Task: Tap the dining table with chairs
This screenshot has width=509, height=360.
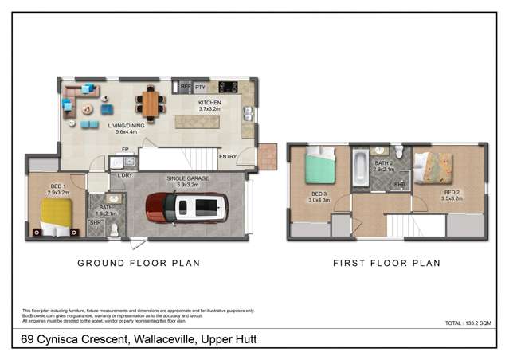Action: pyautogui.click(x=149, y=102)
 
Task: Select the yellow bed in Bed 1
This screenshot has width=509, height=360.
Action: pyautogui.click(x=55, y=215)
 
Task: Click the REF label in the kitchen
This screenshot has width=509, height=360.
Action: pyautogui.click(x=185, y=86)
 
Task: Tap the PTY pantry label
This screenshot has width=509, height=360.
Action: pyautogui.click(x=200, y=86)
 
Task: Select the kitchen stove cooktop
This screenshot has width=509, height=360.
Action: pyautogui.click(x=229, y=86)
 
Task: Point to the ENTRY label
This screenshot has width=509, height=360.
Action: pyautogui.click(x=227, y=156)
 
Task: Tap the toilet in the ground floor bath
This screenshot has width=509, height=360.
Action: pyautogui.click(x=114, y=229)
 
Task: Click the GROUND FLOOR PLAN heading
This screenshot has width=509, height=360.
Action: pyautogui.click(x=138, y=263)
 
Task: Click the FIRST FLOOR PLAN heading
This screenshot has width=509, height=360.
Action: pyautogui.click(x=386, y=263)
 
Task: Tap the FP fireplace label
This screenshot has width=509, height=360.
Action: pyautogui.click(x=125, y=149)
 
